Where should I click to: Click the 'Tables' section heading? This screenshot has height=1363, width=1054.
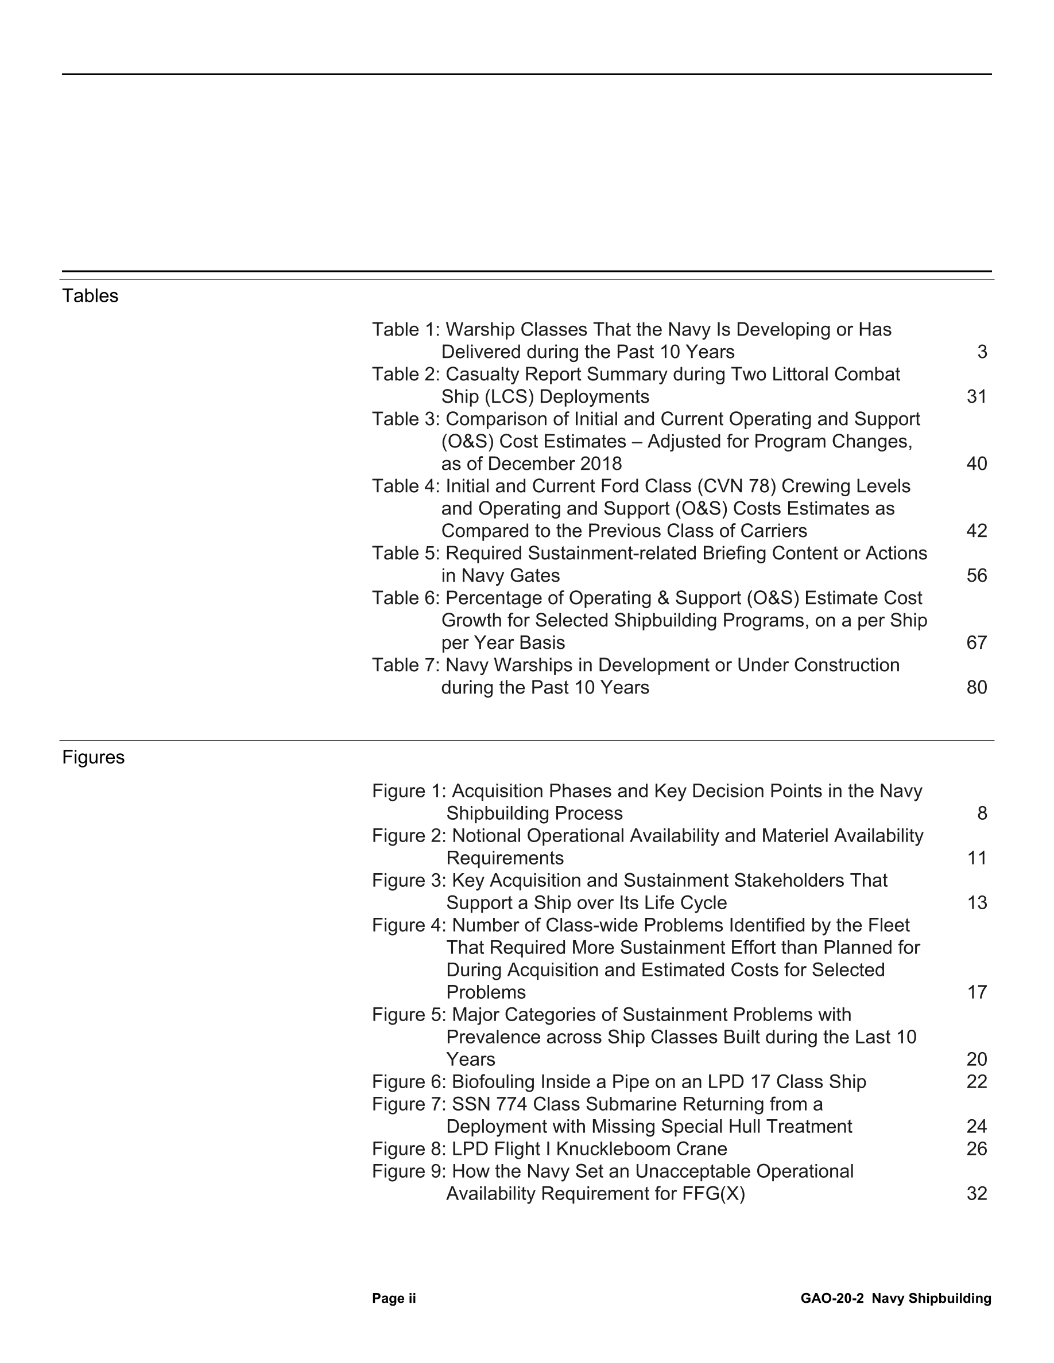pyautogui.click(x=90, y=296)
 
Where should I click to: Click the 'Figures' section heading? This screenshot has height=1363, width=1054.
pyautogui.click(x=93, y=757)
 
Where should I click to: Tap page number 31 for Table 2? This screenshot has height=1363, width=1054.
pyautogui.click(x=976, y=397)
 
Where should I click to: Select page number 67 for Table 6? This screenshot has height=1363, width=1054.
pyautogui.click(x=976, y=643)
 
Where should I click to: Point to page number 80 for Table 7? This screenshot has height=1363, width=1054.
pyautogui.click(x=976, y=688)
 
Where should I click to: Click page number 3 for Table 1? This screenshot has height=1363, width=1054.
pyautogui.click(x=982, y=352)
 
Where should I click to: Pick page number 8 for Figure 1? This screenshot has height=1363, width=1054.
pyautogui.click(x=982, y=813)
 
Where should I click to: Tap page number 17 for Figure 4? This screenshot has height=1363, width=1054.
pyautogui.click(x=976, y=992)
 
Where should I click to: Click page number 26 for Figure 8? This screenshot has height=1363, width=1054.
pyautogui.click(x=976, y=1149)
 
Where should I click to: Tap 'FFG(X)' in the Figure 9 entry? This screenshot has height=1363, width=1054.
pyautogui.click(x=714, y=1194)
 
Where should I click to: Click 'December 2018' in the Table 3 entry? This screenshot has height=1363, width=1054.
pyautogui.click(x=555, y=464)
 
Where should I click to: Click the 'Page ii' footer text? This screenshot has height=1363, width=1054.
pyautogui.click(x=394, y=1299)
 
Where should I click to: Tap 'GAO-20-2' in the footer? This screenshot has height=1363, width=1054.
pyautogui.click(x=832, y=1299)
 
